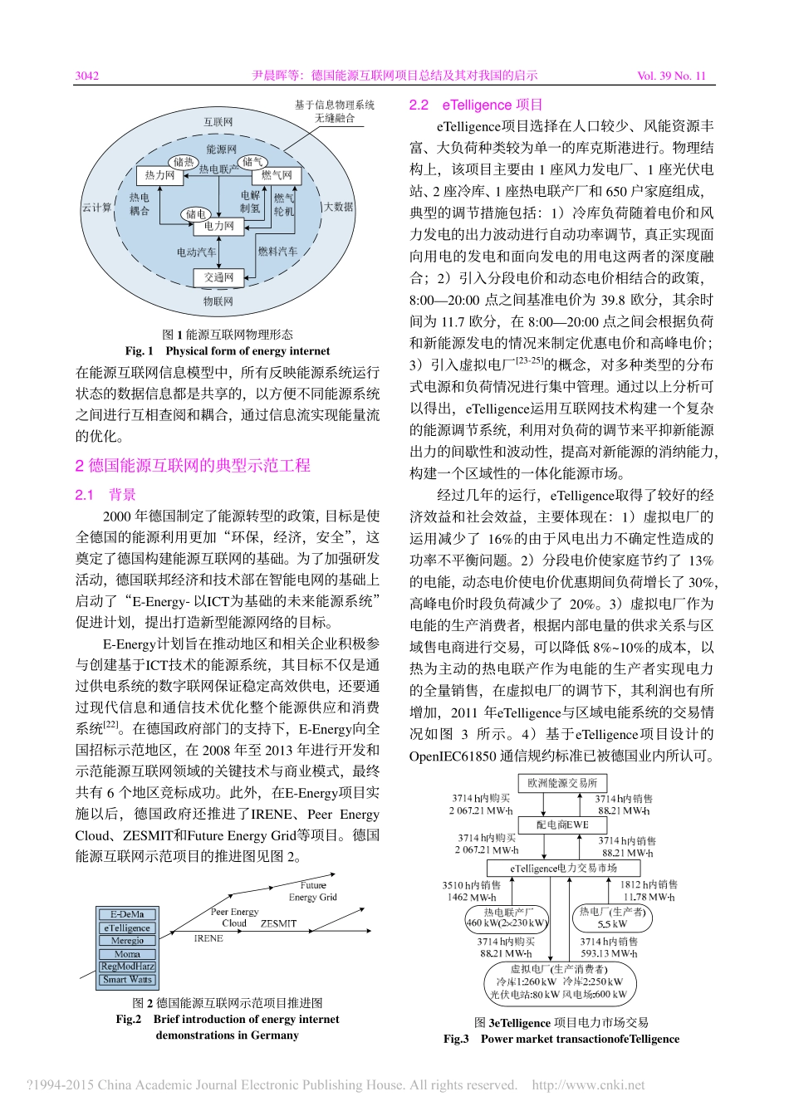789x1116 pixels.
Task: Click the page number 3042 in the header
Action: (x=87, y=76)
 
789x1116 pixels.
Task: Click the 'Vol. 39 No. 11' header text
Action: (x=671, y=76)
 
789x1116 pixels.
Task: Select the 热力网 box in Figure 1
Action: (x=159, y=176)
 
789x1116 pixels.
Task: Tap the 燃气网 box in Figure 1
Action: (x=277, y=176)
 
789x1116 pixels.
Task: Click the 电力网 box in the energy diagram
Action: (x=218, y=226)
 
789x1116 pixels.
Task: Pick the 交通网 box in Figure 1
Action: (x=218, y=277)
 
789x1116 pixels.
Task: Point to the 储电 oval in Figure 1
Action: (x=195, y=213)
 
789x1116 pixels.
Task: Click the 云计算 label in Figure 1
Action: (x=96, y=208)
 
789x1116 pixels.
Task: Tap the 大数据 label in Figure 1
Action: (x=338, y=206)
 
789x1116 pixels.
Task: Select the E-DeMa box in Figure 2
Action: (x=127, y=915)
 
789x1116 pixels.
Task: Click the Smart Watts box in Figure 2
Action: (x=127, y=980)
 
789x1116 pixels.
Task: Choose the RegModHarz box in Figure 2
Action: (x=127, y=967)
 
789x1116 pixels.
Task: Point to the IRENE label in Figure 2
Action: (x=208, y=938)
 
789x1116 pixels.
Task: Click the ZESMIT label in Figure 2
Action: (x=278, y=923)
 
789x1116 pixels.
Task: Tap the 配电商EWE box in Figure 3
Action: (x=562, y=825)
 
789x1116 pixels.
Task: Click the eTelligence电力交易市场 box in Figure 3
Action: (x=563, y=868)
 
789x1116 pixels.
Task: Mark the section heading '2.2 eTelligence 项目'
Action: (x=476, y=105)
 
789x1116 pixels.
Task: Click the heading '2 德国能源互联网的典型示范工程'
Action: (x=193, y=465)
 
